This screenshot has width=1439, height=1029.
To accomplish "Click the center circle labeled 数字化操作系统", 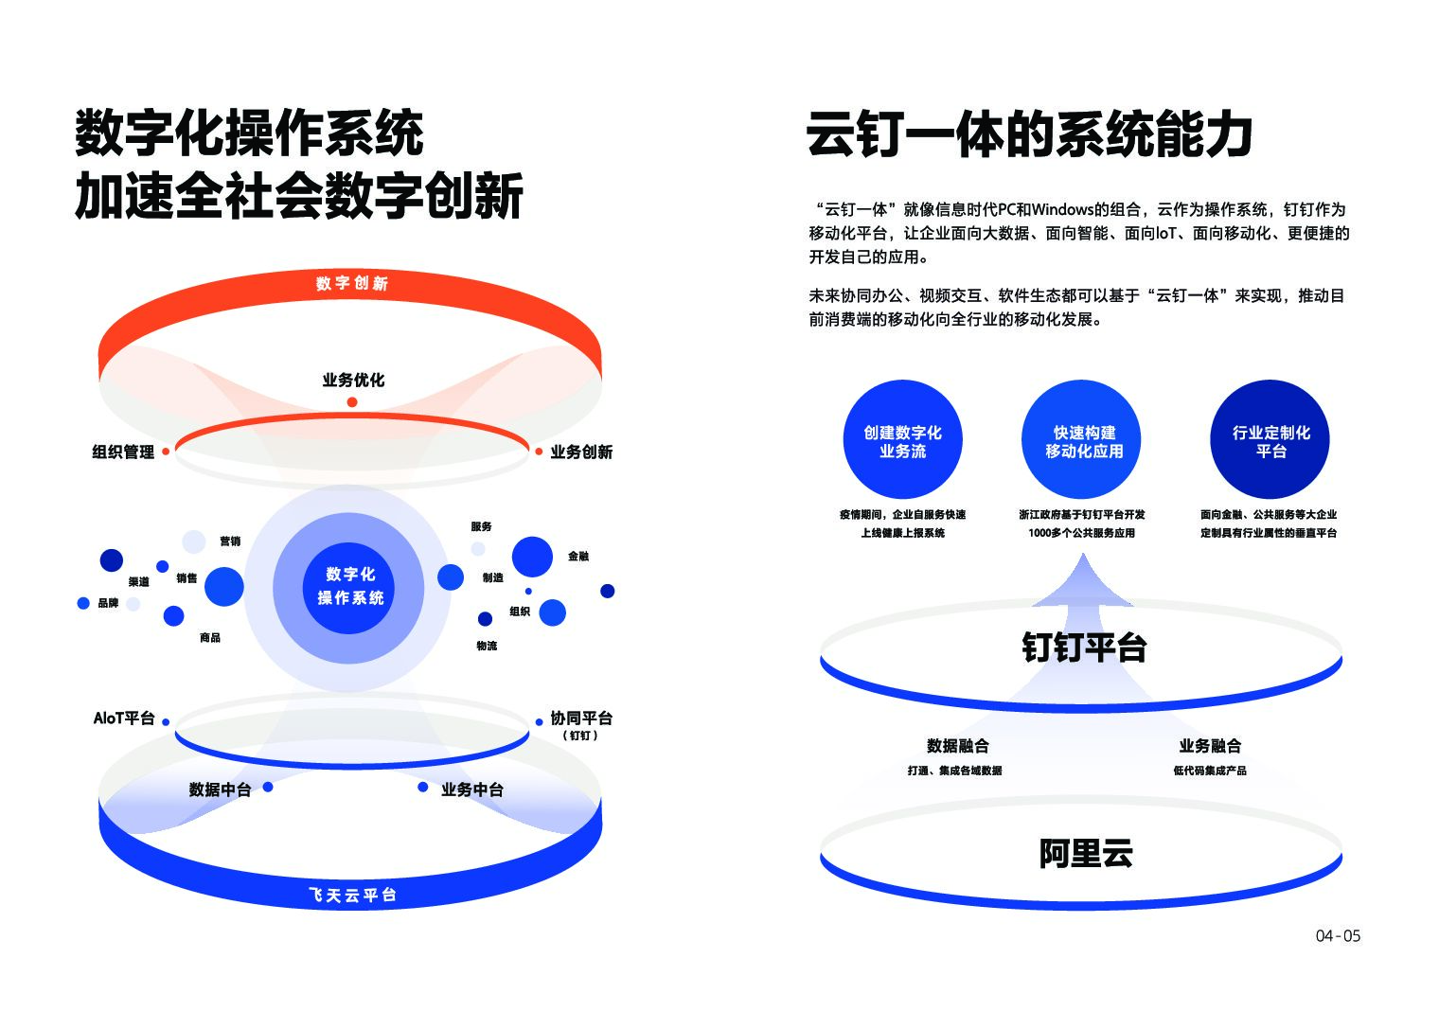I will (350, 587).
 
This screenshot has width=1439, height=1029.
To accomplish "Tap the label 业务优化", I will (353, 381).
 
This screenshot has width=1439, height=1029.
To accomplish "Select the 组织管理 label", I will (123, 452).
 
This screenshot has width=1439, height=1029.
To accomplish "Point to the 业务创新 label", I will (581, 452).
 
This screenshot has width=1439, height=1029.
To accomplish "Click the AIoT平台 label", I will (124, 719).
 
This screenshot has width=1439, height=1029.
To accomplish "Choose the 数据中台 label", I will (220, 789).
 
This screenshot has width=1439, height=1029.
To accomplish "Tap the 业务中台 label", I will (471, 789).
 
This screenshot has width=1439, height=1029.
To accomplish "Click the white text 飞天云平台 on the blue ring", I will (352, 895).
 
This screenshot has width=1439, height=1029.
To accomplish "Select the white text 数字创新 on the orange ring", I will (352, 283).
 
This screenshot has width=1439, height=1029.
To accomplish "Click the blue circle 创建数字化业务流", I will (902, 440).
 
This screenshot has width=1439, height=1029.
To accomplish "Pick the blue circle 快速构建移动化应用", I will (1083, 440).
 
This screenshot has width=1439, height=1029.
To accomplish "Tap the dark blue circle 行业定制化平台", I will (1270, 440).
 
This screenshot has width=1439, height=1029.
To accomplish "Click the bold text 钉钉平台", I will (1084, 648).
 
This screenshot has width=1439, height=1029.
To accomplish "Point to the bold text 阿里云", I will (1085, 854).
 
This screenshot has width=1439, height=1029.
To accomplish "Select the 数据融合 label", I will (957, 746).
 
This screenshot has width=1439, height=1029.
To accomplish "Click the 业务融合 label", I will (1210, 746).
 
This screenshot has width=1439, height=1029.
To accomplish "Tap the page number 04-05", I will (1338, 936).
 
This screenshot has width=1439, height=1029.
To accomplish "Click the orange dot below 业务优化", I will (352, 402).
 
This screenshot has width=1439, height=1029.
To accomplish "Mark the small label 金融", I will (578, 557).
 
